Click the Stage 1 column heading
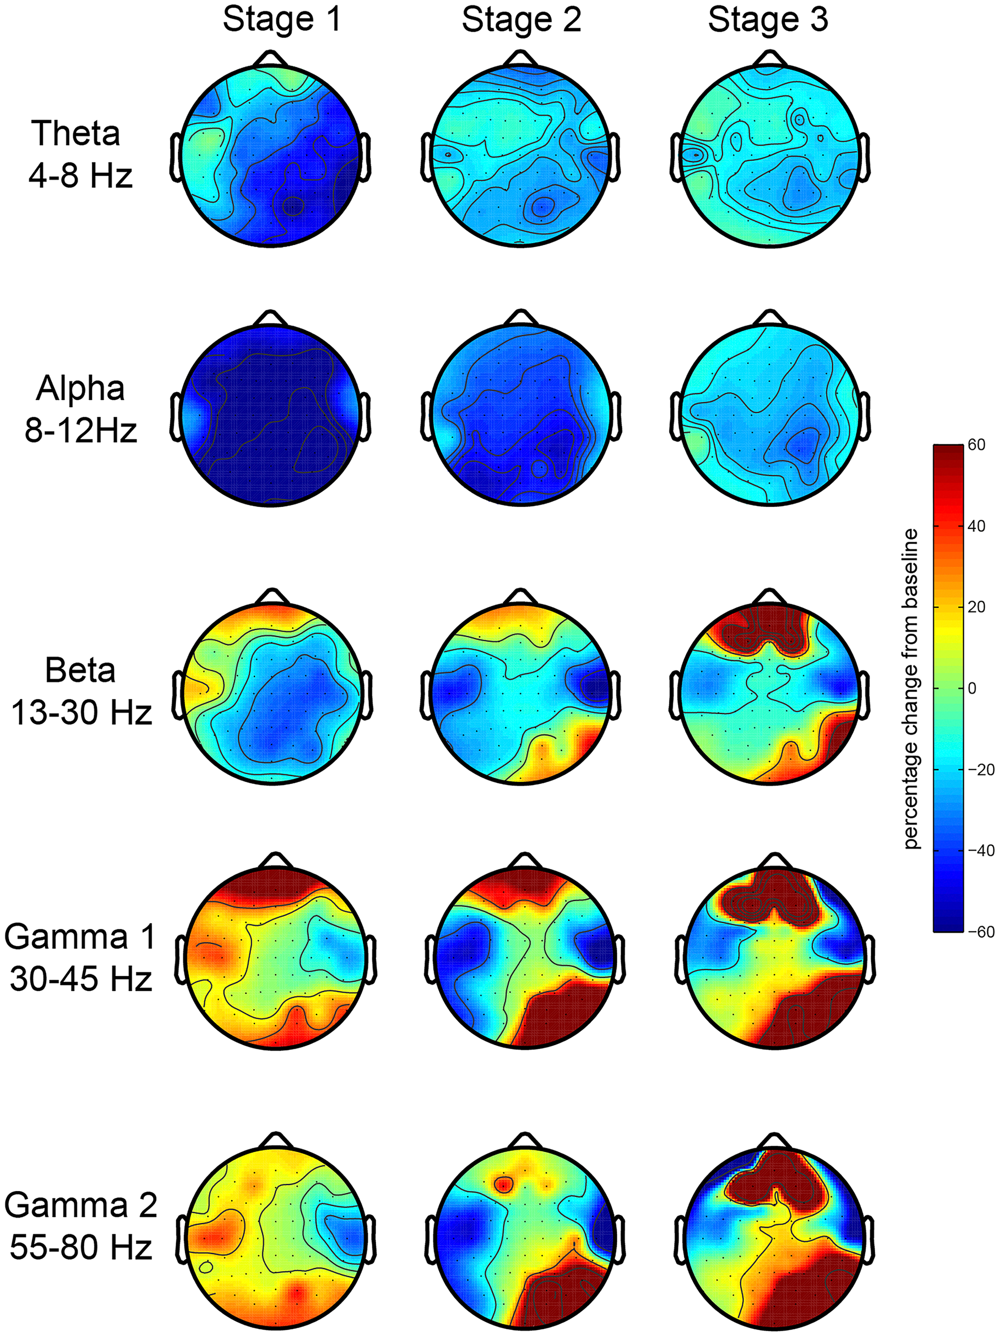coord(282,20)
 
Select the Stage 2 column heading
coord(521,20)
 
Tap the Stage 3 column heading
coord(767,20)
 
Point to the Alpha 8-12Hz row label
coord(80,409)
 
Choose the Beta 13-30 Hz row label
coord(80,691)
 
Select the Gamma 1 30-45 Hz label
coord(80,957)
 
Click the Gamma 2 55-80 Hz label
coord(80,1225)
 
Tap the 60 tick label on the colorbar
coord(976,445)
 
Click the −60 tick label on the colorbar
coord(980,932)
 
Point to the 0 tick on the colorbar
coord(972,688)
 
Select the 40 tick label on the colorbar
coord(976,526)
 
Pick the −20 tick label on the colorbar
coord(980,770)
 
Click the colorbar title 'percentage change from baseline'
coord(911,689)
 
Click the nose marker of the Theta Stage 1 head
coord(271,58)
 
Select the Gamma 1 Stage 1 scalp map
coord(275,958)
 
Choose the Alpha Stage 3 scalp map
coord(770,414)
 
